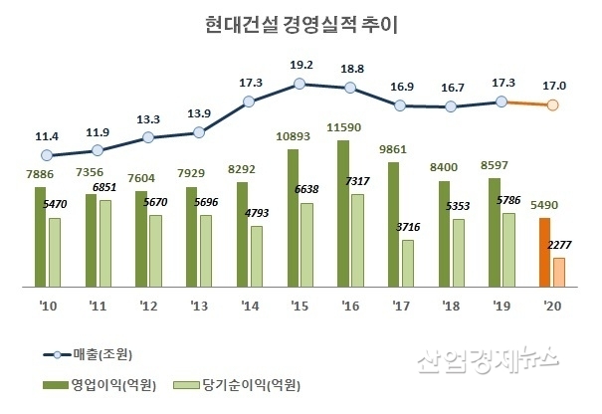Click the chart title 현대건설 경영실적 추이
[300, 24]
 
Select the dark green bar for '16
[343, 213]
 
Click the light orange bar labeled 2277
[559, 272]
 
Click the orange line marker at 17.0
[554, 105]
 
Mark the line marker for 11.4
[47, 154]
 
